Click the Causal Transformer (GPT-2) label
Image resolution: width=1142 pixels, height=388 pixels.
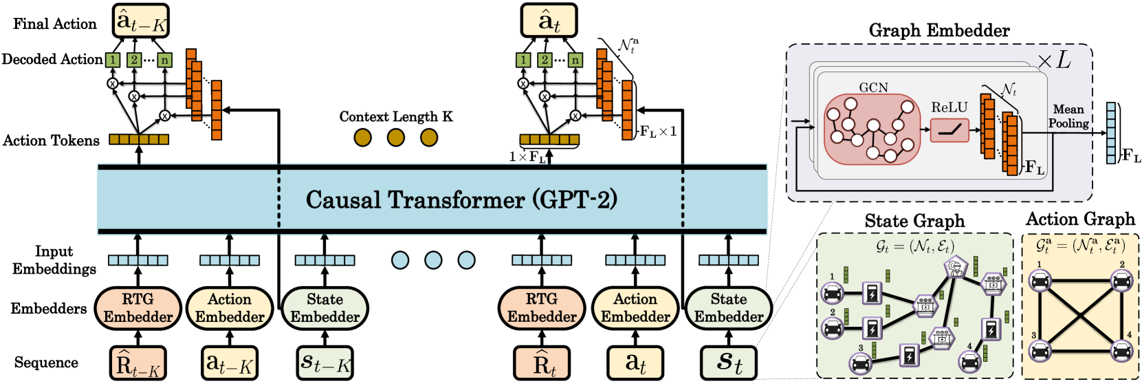[x=461, y=200]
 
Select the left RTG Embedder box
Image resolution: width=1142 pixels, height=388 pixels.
[x=138, y=308]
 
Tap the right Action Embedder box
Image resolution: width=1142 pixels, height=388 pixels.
[x=635, y=308]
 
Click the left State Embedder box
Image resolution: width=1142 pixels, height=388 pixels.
[x=325, y=308]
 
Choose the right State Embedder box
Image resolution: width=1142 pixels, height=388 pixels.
[x=729, y=308]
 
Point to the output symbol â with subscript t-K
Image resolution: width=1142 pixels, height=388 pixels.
[x=141, y=21]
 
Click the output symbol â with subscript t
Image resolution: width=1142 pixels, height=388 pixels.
[x=549, y=21]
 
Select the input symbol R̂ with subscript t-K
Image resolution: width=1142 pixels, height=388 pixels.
[x=138, y=363]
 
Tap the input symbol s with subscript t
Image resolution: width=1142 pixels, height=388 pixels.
[x=729, y=363]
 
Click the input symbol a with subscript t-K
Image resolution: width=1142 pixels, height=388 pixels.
[x=230, y=363]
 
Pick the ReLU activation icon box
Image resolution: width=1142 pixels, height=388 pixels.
[x=949, y=130]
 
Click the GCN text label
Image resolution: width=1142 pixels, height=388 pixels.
[x=873, y=87]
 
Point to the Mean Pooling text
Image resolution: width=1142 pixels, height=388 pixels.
[x=1068, y=116]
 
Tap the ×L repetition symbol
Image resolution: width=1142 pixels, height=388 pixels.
[x=1055, y=61]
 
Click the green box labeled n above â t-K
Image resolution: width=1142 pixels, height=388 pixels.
[x=164, y=61]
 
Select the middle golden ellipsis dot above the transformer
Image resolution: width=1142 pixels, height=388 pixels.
[x=396, y=138]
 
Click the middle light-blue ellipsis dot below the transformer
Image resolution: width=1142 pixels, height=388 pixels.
[x=433, y=260]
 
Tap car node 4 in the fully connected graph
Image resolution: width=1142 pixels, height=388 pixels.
[x=1121, y=352]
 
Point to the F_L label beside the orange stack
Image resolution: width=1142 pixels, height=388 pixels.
[x=1035, y=167]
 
